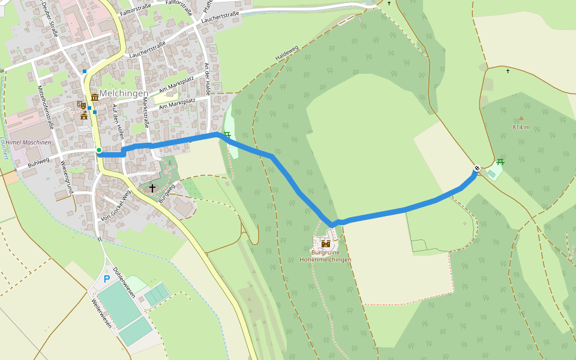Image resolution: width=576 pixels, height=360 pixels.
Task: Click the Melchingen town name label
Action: point(124,94)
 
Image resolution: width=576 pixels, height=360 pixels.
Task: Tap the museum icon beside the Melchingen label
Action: point(95,98)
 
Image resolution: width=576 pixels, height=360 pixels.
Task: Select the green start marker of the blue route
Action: point(99,150)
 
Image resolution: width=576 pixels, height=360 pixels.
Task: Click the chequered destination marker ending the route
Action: point(476,169)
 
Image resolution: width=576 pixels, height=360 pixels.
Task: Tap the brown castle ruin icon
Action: point(326,244)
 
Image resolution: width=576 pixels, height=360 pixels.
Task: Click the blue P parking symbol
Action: point(107,278)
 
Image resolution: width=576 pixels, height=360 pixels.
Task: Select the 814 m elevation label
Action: point(521,127)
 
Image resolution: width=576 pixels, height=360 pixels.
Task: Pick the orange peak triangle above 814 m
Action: point(521,118)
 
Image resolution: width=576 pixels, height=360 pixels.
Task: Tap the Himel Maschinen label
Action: point(28,142)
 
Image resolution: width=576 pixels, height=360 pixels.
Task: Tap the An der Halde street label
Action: point(207,79)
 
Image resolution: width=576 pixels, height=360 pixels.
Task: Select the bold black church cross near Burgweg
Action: point(152,188)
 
